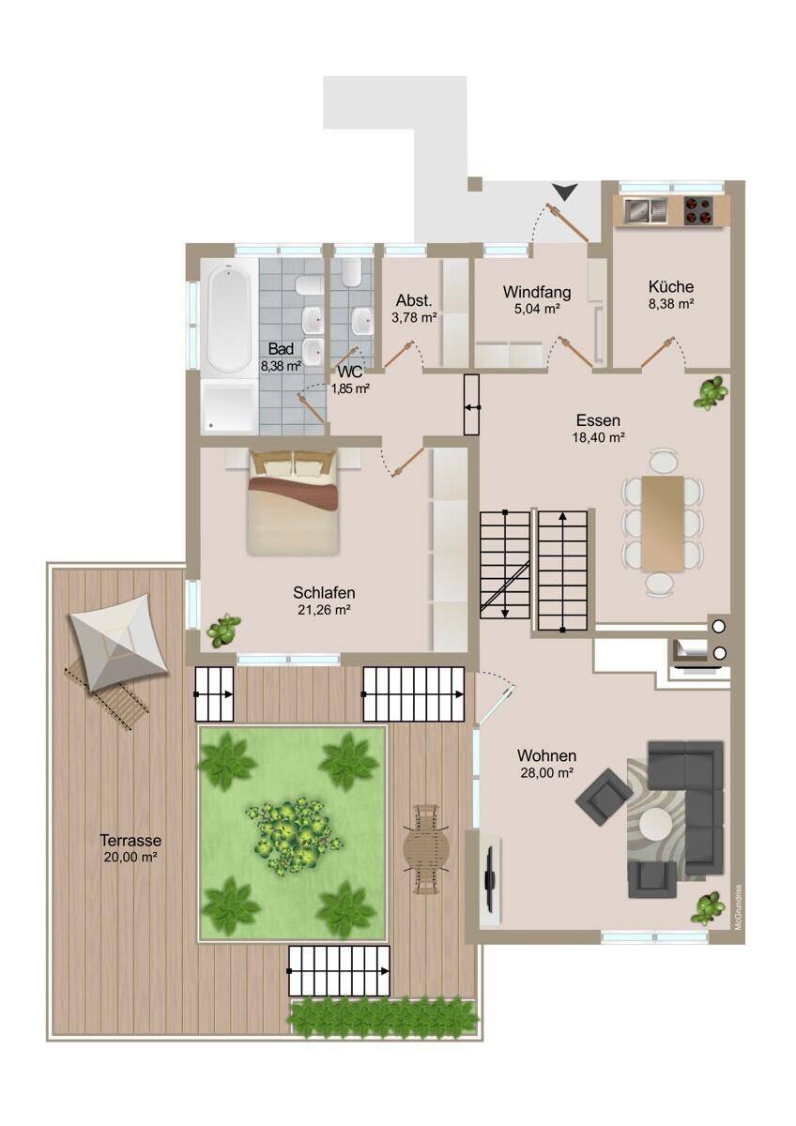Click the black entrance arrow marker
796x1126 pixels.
click(x=564, y=191)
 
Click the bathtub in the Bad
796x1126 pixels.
click(x=230, y=318)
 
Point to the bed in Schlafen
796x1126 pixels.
click(x=293, y=502)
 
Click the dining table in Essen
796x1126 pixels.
click(x=663, y=524)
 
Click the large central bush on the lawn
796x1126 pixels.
click(x=293, y=836)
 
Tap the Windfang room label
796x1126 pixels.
click(x=537, y=292)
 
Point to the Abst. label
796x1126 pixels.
click(x=414, y=300)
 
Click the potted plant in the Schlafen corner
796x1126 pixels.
click(x=223, y=630)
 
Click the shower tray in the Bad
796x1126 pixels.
click(x=229, y=405)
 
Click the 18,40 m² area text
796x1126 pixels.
click(x=598, y=437)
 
